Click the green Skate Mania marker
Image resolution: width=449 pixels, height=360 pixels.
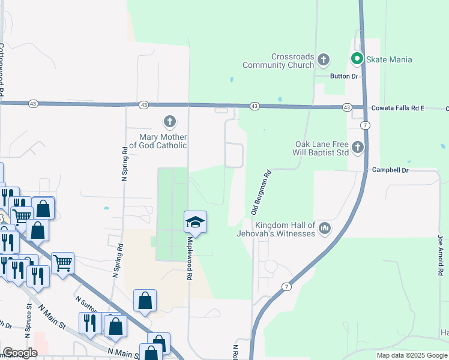pos(356,59)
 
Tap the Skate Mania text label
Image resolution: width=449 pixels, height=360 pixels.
pos(390,59)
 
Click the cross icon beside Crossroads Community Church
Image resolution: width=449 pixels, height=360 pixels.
pos(324,59)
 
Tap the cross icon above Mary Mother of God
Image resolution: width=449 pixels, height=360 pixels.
pos(170,122)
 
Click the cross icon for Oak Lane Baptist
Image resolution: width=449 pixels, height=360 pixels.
pos(358,147)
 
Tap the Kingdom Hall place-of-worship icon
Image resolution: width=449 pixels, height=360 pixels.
pos(325,228)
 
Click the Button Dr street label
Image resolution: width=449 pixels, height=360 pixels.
pos(344,76)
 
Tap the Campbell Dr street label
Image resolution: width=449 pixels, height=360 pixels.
pos(390,170)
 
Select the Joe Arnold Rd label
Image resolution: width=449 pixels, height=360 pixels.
pos(441,254)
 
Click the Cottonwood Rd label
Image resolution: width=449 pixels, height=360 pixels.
pos(2,69)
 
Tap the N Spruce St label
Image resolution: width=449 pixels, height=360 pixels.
pos(29,317)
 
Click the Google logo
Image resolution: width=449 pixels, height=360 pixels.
pos(20,353)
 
